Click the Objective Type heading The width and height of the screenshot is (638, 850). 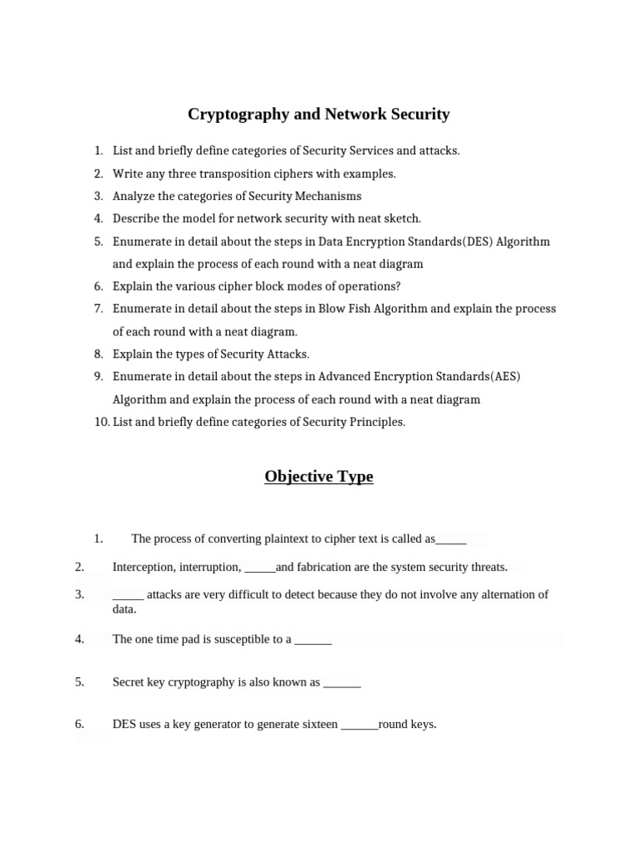point(319,476)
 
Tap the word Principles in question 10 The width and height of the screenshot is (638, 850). point(375,422)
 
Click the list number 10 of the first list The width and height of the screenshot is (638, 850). point(101,422)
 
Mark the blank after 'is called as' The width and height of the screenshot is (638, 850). point(451,540)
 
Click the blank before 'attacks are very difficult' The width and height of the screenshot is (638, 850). point(128,595)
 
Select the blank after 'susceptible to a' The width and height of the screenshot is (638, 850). point(313,640)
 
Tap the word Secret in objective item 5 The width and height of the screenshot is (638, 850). point(130,682)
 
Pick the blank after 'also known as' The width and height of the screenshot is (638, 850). point(341,683)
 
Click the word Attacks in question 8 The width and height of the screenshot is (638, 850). point(287,354)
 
